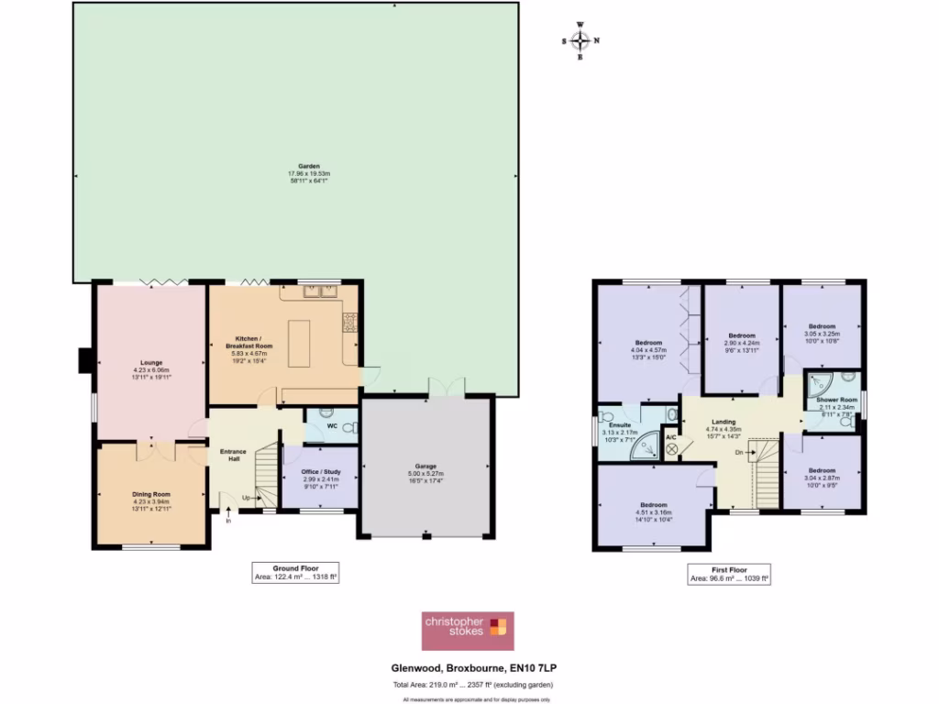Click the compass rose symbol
pos(580,40)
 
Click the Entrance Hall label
pos(228,453)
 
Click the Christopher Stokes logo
pos(467,630)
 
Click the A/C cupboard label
pos(671,437)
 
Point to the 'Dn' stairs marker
pos(739,451)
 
